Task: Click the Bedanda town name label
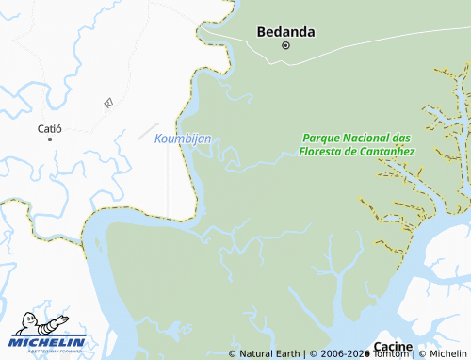pyautogui.click(x=285, y=31)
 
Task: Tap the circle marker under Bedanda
pyautogui.click(x=285, y=45)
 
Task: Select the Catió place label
pyautogui.click(x=49, y=127)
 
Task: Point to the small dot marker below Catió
pyautogui.click(x=49, y=139)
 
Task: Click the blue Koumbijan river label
pyautogui.click(x=183, y=139)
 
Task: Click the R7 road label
pyautogui.click(x=108, y=100)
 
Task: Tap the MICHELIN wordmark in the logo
pyautogui.click(x=49, y=341)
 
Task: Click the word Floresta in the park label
pyautogui.click(x=324, y=151)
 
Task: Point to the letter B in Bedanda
pyautogui.click(x=263, y=31)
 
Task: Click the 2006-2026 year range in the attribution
pyautogui.click(x=340, y=354)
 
